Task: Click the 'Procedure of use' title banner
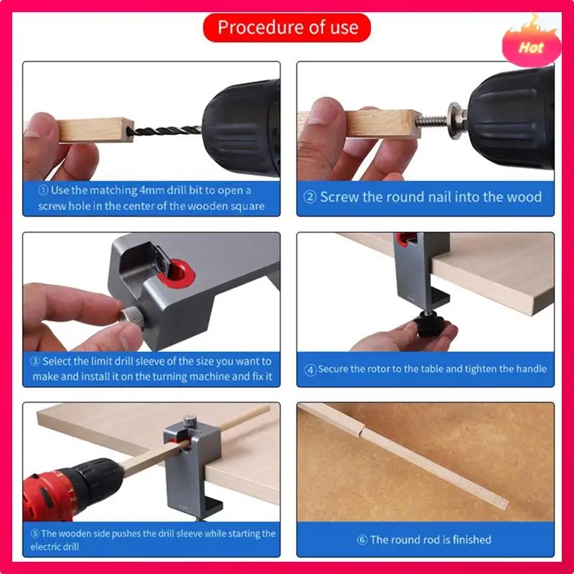pos(287,28)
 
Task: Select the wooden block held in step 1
pos(95,129)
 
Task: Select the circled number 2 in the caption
pos(309,197)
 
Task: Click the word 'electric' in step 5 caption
pos(49,547)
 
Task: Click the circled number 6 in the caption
pos(362,540)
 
